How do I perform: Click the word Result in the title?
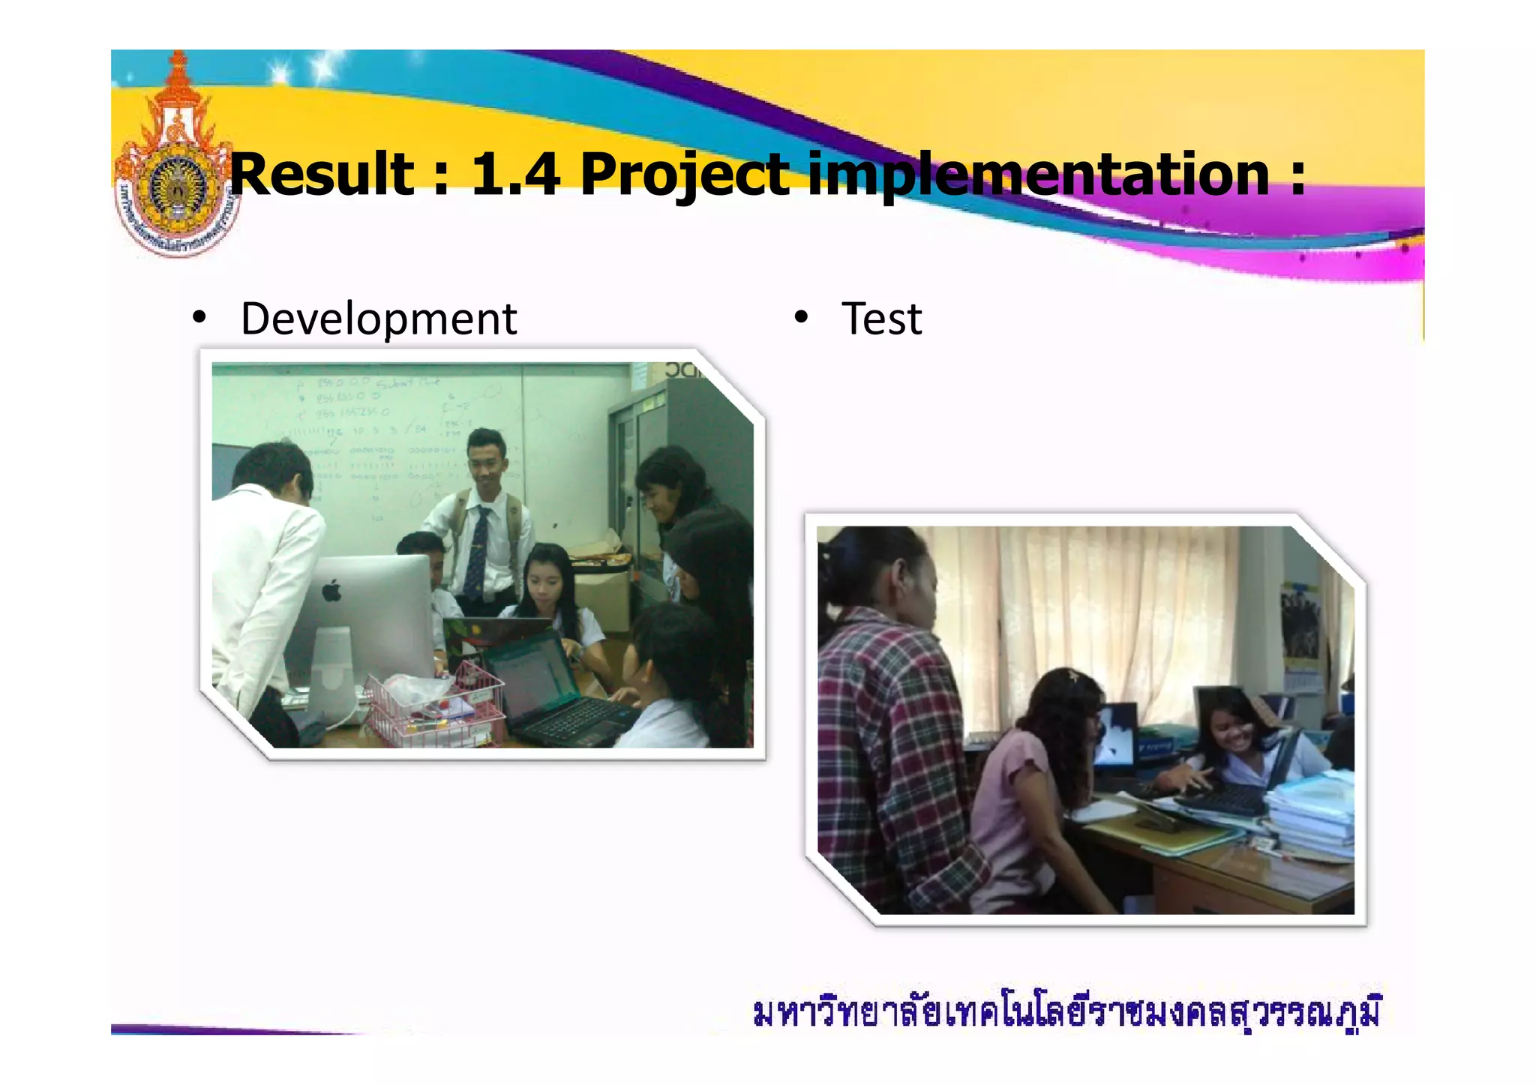coord(322,174)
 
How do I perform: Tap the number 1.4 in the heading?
coord(515,174)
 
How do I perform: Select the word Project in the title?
coord(685,174)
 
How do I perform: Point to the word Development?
coord(378,319)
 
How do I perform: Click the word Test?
coord(881,319)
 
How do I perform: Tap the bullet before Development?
coord(198,318)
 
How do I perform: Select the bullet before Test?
coord(801,318)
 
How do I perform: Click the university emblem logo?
coord(177,172)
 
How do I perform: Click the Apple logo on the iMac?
coord(331,592)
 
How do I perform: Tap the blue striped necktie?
coord(477,551)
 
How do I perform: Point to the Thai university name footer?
coord(1066,1013)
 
